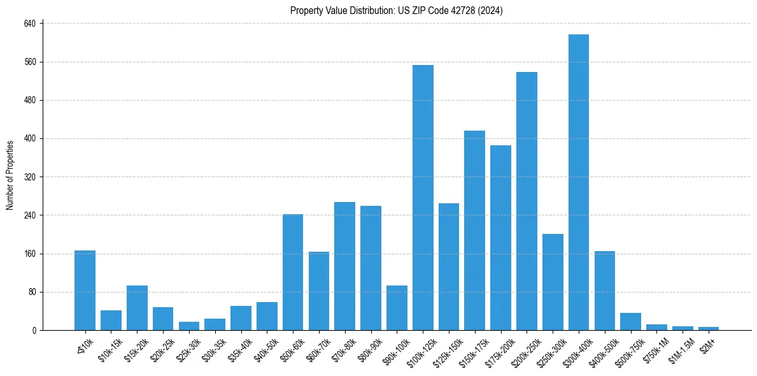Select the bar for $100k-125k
point(423,198)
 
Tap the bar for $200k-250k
point(527,201)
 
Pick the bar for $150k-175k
point(474,230)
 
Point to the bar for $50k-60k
point(293,272)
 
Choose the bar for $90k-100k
point(397,308)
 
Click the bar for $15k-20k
point(137,308)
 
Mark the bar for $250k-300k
point(553,282)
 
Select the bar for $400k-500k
point(604,291)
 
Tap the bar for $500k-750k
point(630,322)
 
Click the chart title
point(397,11)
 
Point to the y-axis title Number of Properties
point(10,175)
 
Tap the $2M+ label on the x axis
point(707,342)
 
